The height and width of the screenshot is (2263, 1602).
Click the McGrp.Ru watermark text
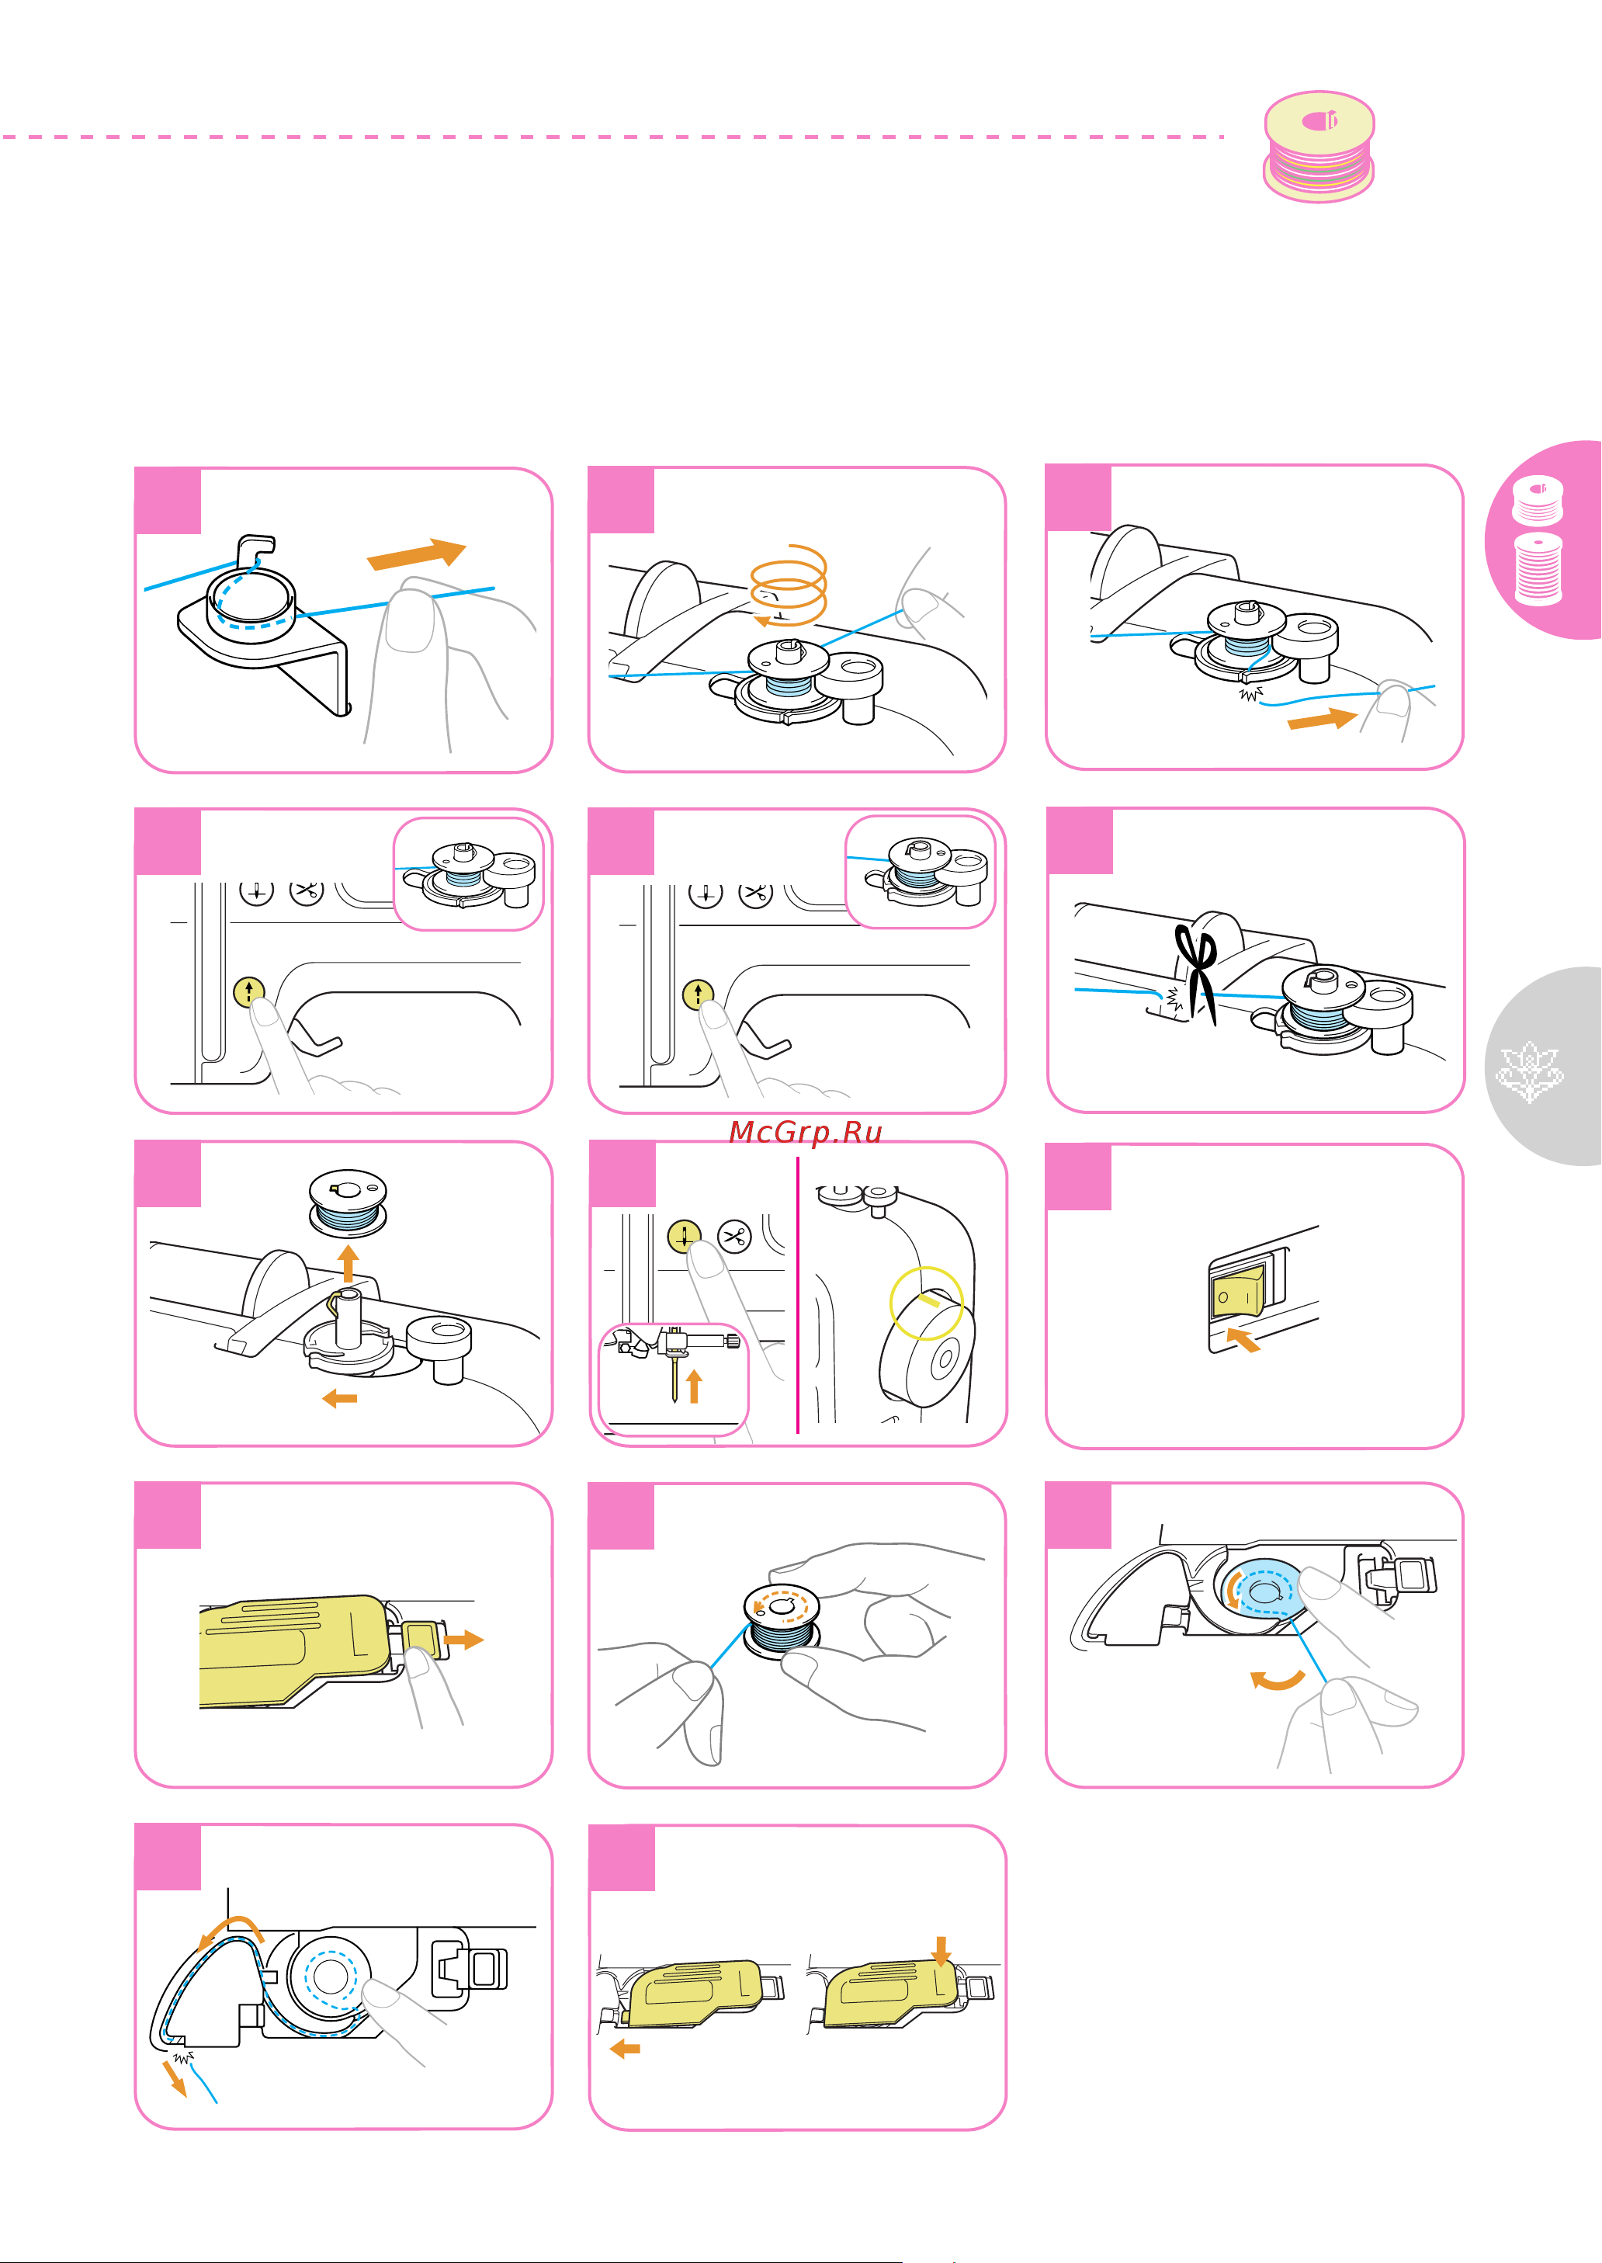805,1132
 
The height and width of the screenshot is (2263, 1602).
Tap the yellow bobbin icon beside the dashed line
1319,146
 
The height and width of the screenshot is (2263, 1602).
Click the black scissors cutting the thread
1198,973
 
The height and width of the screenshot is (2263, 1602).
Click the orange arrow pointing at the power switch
1243,1338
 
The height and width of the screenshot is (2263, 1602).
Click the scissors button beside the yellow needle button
735,1236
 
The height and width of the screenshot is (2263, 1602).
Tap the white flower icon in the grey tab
1528,1071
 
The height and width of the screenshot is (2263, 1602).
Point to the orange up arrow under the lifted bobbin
347,1263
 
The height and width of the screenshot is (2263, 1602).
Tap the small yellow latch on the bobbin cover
420,1639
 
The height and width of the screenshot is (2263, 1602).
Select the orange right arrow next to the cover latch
463,1640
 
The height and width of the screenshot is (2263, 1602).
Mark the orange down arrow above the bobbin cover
941,1950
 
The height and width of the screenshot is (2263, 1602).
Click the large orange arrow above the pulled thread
416,555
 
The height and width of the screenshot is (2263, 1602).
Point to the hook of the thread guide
261,543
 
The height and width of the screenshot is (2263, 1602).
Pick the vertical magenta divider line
797,1294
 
